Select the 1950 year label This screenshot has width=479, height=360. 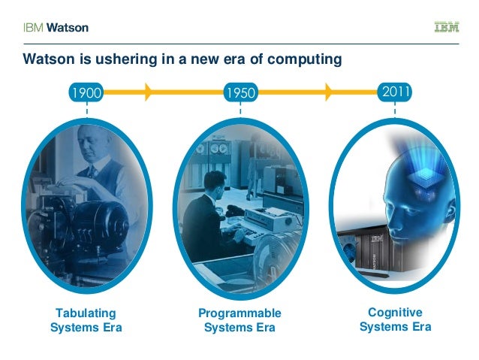[x=240, y=93]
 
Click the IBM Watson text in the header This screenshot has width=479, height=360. [x=54, y=28]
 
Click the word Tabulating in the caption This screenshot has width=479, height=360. [x=86, y=313]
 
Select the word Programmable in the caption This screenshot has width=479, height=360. [x=239, y=313]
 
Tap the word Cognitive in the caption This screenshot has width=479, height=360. [x=395, y=312]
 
